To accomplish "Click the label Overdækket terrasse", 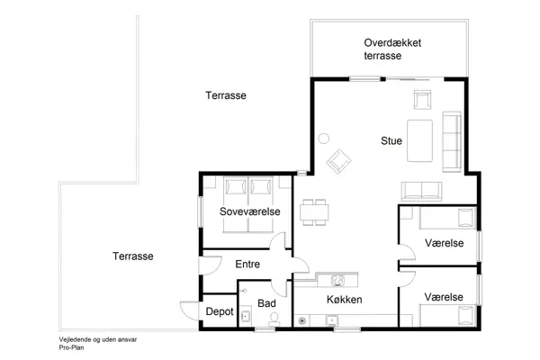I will click(x=393, y=49).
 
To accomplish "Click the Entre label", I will click(x=247, y=265).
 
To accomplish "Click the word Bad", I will click(x=265, y=304).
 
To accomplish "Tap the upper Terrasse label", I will click(x=225, y=95).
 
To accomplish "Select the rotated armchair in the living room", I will click(x=340, y=162).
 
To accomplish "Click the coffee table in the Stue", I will click(x=418, y=139).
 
